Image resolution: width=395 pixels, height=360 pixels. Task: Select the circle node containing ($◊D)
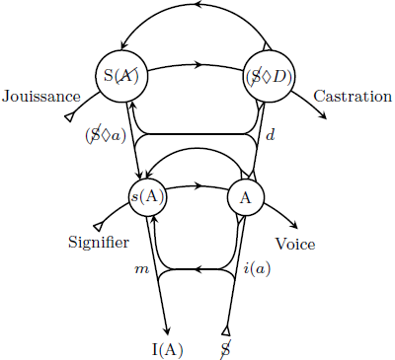click(x=267, y=76)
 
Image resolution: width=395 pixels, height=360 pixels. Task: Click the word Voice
click(x=296, y=244)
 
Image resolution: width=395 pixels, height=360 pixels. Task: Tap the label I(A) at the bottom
click(x=168, y=348)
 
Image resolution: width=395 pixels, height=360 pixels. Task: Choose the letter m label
click(x=140, y=268)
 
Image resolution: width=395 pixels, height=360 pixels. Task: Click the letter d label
click(x=270, y=135)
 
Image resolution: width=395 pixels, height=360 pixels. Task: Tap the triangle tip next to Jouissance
click(x=69, y=117)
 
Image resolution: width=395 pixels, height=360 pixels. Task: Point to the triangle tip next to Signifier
click(x=97, y=226)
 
